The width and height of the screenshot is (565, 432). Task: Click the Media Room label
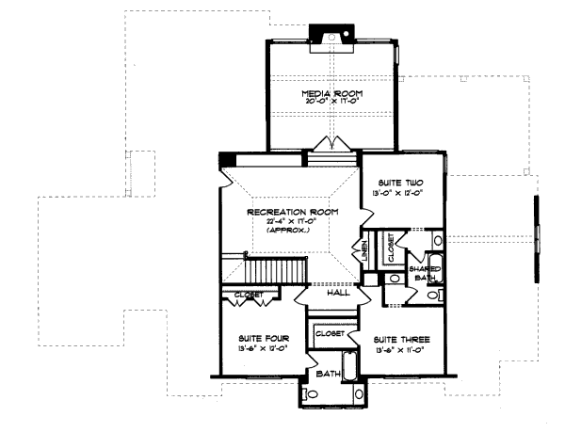pos(331,94)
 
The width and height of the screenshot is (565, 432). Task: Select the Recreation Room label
pos(285,213)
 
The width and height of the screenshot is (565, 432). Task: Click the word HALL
pos(337,293)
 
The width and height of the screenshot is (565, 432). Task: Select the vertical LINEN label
pos(363,251)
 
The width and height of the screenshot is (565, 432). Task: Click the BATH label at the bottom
pos(329,373)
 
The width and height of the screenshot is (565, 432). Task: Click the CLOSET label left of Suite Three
pos(329,333)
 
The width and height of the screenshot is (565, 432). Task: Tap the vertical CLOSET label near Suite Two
pos(391,248)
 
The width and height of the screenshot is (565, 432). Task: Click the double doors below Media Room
pos(332,143)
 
